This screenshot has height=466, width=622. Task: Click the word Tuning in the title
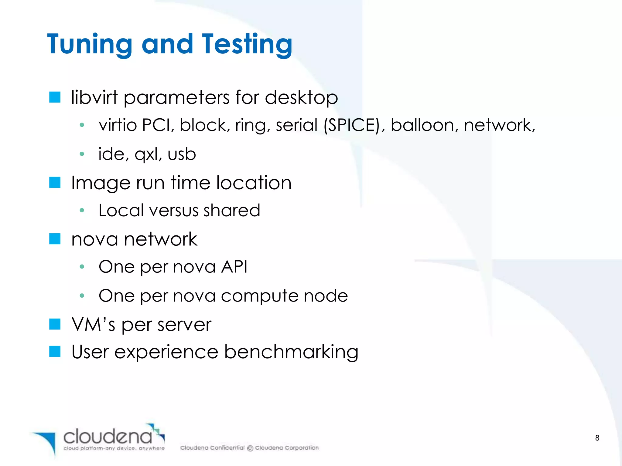pyautogui.click(x=90, y=44)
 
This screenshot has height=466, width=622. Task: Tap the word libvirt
pyautogui.click(x=94, y=98)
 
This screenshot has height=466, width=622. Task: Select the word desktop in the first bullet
pyautogui.click(x=301, y=98)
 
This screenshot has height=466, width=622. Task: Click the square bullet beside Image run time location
pyautogui.click(x=55, y=183)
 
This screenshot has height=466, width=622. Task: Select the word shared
pyautogui.click(x=232, y=210)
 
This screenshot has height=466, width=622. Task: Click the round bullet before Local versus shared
pyautogui.click(x=82, y=210)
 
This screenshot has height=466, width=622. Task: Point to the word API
pyautogui.click(x=234, y=267)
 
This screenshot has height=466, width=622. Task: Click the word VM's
pyautogui.click(x=93, y=324)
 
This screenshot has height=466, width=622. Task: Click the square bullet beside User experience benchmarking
pyautogui.click(x=55, y=352)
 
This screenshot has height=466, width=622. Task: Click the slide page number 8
pyautogui.click(x=597, y=438)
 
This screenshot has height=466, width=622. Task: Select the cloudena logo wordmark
pyautogui.click(x=108, y=437)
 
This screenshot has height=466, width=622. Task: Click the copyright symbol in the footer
pyautogui.click(x=250, y=448)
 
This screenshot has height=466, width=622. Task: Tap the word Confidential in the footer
pyautogui.click(x=227, y=448)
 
